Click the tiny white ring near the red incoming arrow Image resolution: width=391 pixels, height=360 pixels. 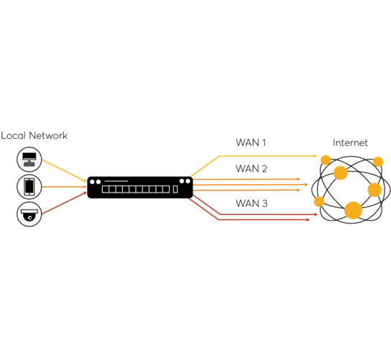pyautogui.click(x=29, y=218)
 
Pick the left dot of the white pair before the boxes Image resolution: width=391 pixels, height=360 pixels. pyautogui.click(x=92, y=182)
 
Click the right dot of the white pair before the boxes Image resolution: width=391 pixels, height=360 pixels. pyautogui.click(x=98, y=182)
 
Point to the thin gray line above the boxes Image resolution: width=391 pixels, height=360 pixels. pyautogui.click(x=116, y=181)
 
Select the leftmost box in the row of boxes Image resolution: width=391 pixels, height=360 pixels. pyautogui.click(x=106, y=189)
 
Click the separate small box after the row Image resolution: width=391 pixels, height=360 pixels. pyautogui.click(x=175, y=189)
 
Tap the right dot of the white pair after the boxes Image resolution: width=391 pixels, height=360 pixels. pyautogui.click(x=188, y=181)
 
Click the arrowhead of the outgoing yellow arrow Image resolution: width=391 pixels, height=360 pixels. pyautogui.click(x=315, y=156)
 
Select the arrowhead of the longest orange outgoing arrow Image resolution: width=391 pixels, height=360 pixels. pyautogui.click(x=306, y=185)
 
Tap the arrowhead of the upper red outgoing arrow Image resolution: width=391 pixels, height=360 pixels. pyautogui.click(x=316, y=214)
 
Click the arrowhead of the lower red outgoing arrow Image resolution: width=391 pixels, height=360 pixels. pyautogui.click(x=308, y=220)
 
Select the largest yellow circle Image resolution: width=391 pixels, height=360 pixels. pyautogui.click(x=353, y=211)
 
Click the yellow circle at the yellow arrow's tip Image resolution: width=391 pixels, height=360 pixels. pyautogui.click(x=326, y=160)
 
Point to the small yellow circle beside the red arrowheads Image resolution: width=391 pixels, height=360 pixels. pyautogui.click(x=319, y=202)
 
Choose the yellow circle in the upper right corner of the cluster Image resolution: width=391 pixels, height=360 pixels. pyautogui.click(x=378, y=162)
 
